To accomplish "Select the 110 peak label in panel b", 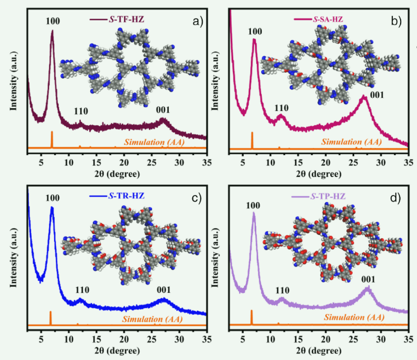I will pos(281,107).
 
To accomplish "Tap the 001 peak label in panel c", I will pos(163,290).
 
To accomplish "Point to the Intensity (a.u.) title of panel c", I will pos(15,257).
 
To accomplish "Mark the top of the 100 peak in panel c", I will pos(52,207).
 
